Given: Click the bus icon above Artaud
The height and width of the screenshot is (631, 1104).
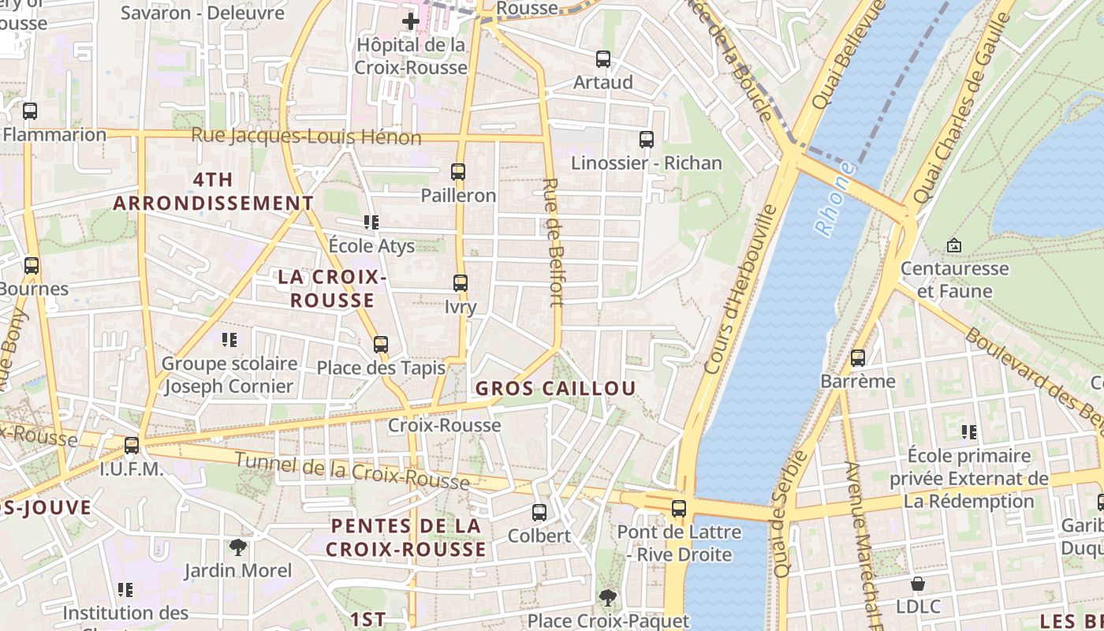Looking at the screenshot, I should (x=603, y=58).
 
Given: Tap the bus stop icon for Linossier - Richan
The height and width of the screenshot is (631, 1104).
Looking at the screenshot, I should (x=647, y=140).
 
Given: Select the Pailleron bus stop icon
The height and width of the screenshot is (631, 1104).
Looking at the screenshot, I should (x=458, y=171).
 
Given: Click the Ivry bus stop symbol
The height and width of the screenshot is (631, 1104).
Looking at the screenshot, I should (x=461, y=283).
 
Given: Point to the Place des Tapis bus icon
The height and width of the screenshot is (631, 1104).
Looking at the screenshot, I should (x=381, y=344).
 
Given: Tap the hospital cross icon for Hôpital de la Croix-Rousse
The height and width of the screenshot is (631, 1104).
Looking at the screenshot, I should (x=411, y=21).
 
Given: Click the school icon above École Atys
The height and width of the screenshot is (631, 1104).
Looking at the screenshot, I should (x=371, y=222).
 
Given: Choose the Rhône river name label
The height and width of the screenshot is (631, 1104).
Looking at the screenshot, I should (x=835, y=200).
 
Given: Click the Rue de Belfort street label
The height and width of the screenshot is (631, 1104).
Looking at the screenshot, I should (x=553, y=241).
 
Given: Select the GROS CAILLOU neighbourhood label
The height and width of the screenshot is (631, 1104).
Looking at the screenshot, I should (x=555, y=388).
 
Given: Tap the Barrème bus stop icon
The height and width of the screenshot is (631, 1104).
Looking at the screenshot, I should (x=858, y=358).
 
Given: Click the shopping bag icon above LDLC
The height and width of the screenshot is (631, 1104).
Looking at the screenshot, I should (x=918, y=584).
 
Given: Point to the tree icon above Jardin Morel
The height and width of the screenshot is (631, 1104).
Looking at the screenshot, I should (x=237, y=547).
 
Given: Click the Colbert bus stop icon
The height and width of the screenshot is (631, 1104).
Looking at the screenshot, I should (x=539, y=513).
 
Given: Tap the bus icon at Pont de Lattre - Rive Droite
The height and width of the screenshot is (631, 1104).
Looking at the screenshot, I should (x=679, y=509).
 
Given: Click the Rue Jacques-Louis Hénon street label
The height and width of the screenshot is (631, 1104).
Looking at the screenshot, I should (x=306, y=136).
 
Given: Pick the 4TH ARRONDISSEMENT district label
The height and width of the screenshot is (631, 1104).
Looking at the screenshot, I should (x=213, y=192).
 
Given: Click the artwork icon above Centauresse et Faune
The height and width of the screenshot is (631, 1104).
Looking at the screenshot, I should (x=954, y=245).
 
